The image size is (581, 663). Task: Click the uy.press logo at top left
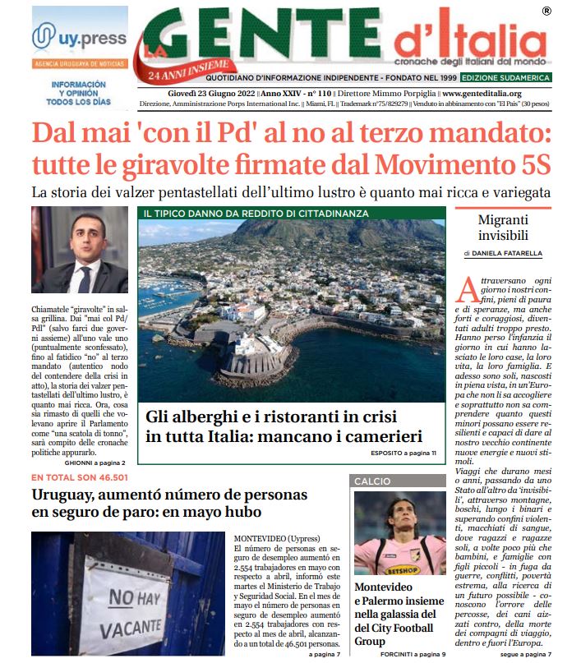(80, 38)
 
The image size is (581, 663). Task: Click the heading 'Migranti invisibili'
(502, 228)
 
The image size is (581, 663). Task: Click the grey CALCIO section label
(372, 481)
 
